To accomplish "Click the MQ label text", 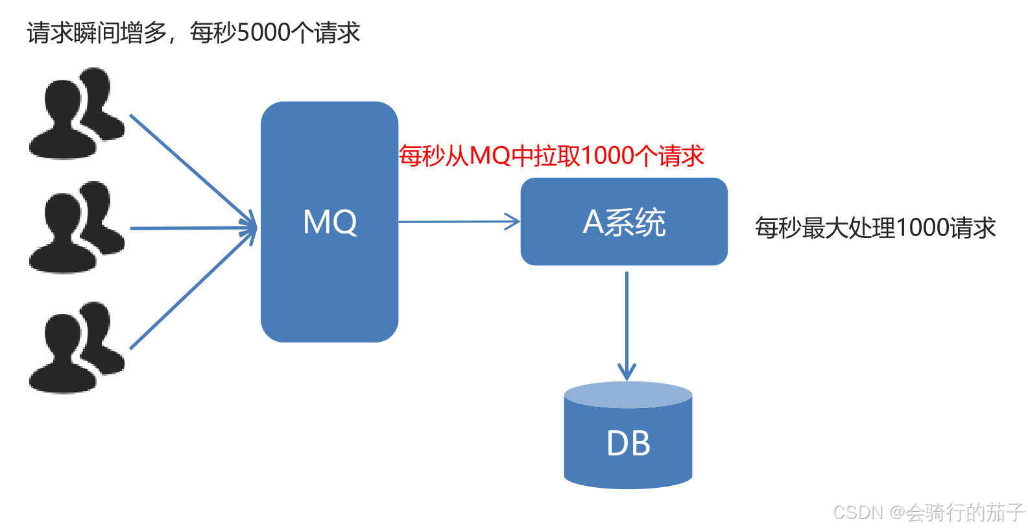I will coord(330,223).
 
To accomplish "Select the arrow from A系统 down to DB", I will coord(627,324).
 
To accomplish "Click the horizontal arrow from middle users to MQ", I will coord(191,228).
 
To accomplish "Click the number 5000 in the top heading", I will coord(264,32).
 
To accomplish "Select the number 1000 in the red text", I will coord(608,156).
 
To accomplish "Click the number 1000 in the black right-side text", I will coord(922,228).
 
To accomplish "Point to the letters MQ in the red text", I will coord(490,156).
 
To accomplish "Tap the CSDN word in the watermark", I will coord(858,512).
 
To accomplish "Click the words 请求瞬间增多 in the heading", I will coord(97,32).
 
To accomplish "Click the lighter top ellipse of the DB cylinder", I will coord(628,394).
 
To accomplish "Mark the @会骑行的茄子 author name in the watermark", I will coord(957,512).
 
